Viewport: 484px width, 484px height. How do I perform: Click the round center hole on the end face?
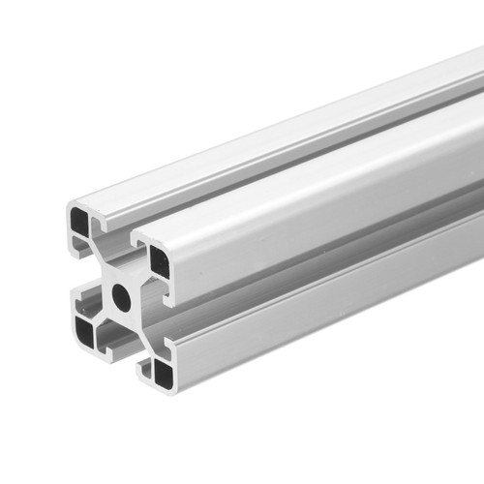122,297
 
